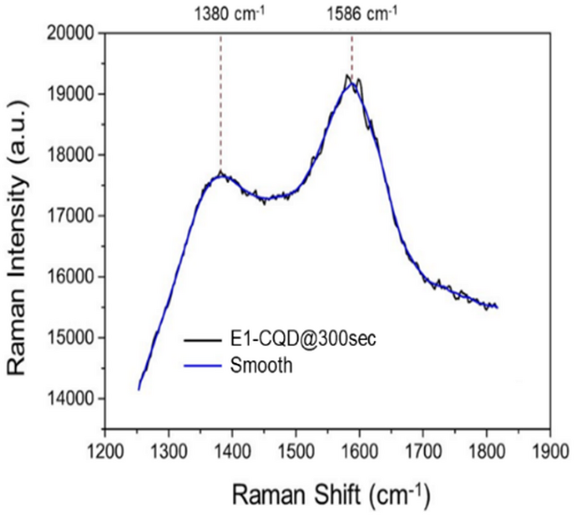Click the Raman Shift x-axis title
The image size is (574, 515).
[x=328, y=490]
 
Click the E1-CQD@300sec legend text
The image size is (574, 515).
[x=292, y=339]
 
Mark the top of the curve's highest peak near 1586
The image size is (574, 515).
[x=348, y=77]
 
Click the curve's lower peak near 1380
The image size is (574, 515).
[x=221, y=174]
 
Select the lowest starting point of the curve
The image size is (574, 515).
[x=138, y=389]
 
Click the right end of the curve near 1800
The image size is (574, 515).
[x=498, y=307]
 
